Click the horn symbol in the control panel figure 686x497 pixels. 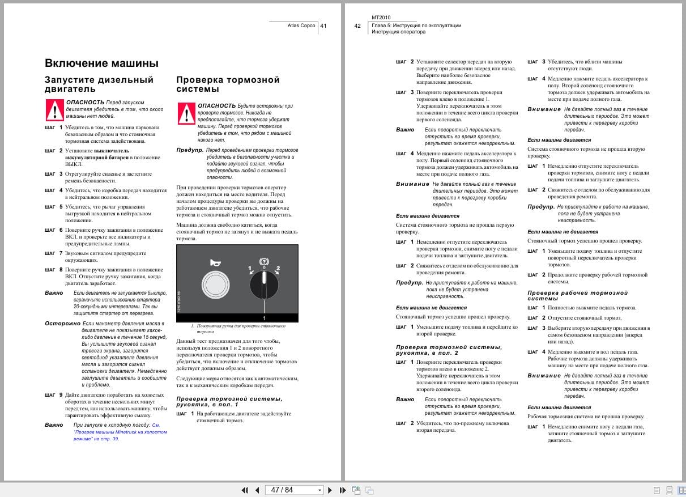(214, 262)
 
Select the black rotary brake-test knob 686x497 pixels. (264, 284)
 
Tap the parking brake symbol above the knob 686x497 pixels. (264, 261)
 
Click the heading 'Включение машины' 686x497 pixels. (101, 63)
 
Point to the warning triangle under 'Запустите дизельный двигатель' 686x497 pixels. (54, 108)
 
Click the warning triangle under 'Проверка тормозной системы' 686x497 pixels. (186, 113)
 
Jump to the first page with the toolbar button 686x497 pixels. (245, 490)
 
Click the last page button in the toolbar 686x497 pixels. (343, 490)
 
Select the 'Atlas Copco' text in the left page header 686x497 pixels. (301, 26)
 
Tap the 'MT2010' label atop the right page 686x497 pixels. (381, 18)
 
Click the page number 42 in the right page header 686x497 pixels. (357, 26)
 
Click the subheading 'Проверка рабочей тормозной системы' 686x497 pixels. (577, 295)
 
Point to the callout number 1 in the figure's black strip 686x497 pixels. (264, 318)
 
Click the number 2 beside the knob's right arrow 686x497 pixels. (278, 267)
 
